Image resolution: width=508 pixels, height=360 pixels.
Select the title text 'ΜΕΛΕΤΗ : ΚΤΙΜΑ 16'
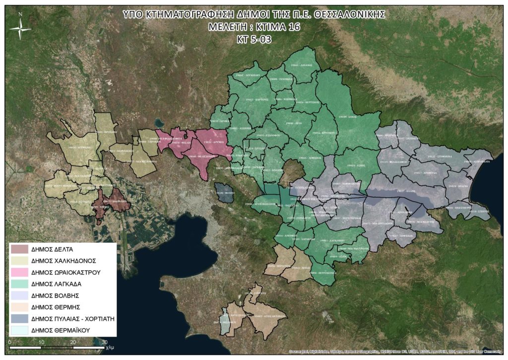(254, 26)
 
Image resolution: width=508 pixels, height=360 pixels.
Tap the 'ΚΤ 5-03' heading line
(254, 38)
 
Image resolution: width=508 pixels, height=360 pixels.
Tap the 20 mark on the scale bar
(73, 343)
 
